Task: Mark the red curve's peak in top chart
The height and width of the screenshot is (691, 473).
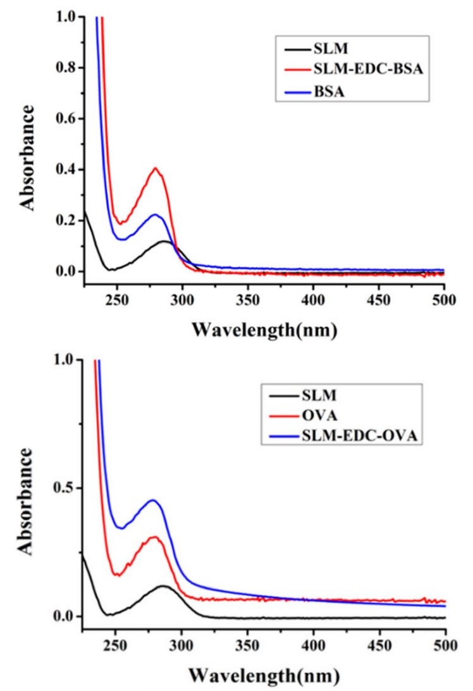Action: pyautogui.click(x=155, y=168)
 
